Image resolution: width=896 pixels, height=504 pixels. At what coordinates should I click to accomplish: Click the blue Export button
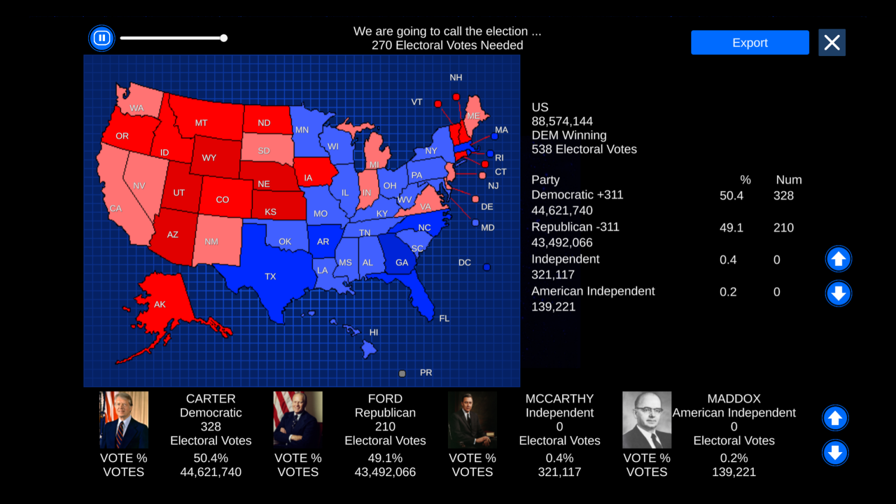point(750,43)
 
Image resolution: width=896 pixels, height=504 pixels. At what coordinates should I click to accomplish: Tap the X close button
point(832,43)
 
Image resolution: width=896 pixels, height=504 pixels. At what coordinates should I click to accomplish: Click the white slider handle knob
point(224,38)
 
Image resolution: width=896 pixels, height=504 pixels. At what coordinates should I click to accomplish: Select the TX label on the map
point(270,276)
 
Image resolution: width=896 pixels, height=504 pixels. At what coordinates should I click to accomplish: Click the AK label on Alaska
point(160,304)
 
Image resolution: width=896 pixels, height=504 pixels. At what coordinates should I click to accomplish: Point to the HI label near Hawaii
point(374,332)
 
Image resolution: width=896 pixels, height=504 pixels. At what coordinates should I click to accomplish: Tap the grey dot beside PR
point(402,373)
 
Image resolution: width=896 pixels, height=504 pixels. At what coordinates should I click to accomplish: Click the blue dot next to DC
point(487,267)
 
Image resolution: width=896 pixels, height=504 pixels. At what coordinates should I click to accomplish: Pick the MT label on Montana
point(201,123)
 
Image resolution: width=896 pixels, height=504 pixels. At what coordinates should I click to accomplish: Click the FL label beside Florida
point(444,318)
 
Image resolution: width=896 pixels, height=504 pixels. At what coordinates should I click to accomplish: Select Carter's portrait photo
point(124,420)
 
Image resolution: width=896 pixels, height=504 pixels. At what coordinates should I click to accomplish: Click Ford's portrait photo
point(298,420)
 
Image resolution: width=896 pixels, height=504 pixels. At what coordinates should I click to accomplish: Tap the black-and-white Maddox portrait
point(647,420)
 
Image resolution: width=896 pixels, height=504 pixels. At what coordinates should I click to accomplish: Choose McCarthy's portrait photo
point(473,420)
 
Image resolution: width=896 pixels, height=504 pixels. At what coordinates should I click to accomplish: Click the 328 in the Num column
point(783,196)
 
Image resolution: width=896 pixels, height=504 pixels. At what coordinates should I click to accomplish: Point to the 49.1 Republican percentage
point(731,228)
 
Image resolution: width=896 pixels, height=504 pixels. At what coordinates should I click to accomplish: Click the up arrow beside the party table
point(838,259)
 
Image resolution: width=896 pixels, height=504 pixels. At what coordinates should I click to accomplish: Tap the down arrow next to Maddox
point(835,453)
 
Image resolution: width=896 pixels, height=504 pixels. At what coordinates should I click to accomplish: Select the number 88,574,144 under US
point(562,121)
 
